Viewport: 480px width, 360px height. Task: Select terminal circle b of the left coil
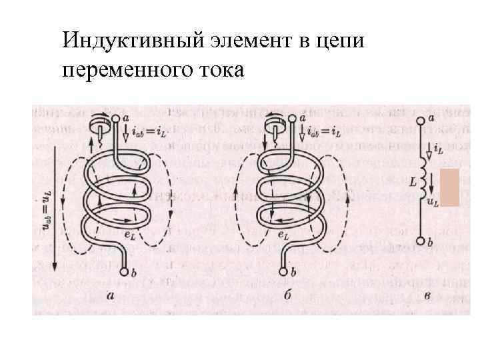[x=125, y=271]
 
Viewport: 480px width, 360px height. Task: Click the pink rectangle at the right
[x=451, y=187]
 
